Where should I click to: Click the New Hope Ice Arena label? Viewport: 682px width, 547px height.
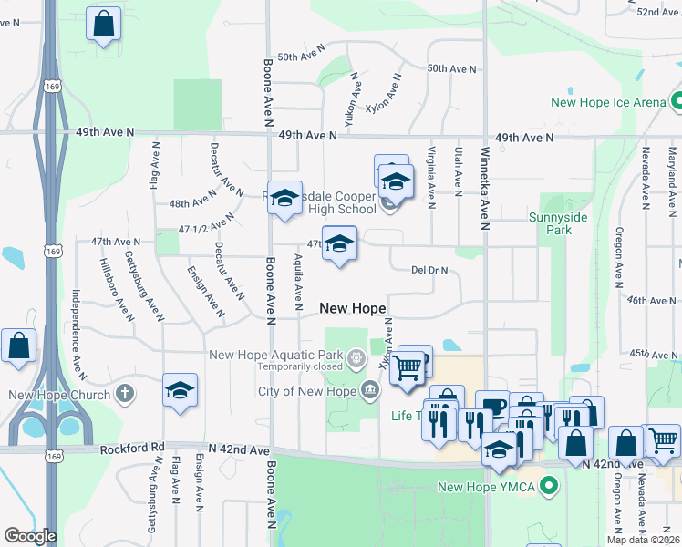pyautogui.click(x=608, y=102)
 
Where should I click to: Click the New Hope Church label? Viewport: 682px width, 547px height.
pyautogui.click(x=60, y=395)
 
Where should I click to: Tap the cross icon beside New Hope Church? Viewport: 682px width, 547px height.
pyautogui.click(x=125, y=395)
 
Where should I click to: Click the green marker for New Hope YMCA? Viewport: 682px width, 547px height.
pyautogui.click(x=548, y=486)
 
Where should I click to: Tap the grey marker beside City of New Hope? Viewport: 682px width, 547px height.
pyautogui.click(x=370, y=392)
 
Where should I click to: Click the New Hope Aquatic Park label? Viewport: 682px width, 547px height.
pyautogui.click(x=275, y=355)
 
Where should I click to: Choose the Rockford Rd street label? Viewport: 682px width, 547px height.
pyautogui.click(x=137, y=449)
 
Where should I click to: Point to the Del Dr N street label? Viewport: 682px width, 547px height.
pyautogui.click(x=431, y=270)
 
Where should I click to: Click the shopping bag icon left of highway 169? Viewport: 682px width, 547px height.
pyautogui.click(x=18, y=346)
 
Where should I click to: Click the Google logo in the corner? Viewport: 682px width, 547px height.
pyautogui.click(x=30, y=536)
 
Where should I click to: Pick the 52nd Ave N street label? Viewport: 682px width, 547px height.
pyautogui.click(x=659, y=12)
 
